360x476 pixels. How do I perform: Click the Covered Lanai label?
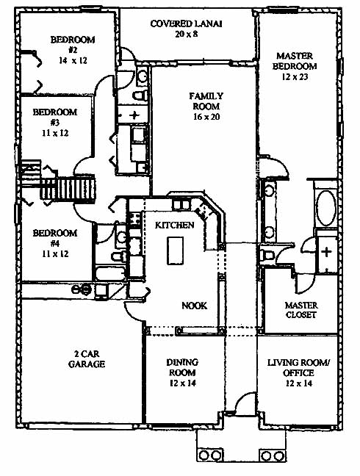186,24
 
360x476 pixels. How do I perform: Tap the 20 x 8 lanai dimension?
187,34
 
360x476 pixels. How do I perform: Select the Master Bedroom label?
295,61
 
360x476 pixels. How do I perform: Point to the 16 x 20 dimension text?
206,117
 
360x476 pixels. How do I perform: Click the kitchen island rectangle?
175,250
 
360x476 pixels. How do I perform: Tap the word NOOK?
194,306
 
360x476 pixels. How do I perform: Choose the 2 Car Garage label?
87,358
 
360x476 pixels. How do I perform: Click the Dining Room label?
182,367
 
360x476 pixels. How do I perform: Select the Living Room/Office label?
298,367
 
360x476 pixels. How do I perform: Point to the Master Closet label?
301,310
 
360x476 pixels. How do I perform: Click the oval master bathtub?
326,208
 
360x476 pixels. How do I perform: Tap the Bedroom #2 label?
73,45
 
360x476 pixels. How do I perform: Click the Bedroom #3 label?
54,118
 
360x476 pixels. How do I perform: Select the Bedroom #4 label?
55,238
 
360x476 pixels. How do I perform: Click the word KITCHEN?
175,226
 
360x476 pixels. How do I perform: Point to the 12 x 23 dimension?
295,77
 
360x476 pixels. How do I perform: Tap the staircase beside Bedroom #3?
68,188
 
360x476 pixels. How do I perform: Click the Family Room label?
206,101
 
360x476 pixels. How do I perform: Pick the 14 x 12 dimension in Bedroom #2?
73,60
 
